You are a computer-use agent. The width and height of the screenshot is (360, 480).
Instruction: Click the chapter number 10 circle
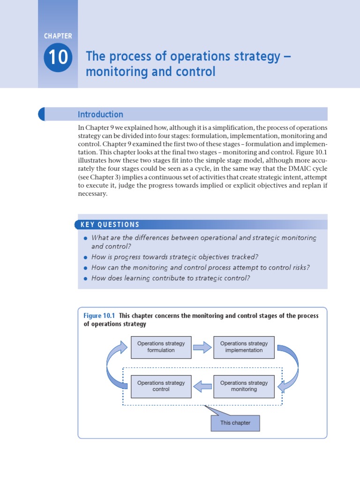pos(58,58)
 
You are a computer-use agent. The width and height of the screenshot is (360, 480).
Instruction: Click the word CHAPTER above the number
pos(58,36)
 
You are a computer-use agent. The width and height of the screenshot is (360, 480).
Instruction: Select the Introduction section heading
pos(100,114)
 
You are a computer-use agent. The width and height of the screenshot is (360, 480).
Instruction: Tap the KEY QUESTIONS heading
pos(110,225)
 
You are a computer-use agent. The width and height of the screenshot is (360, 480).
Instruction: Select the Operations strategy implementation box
pos(244,347)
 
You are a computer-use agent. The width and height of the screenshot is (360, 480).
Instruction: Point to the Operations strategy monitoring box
pos(244,386)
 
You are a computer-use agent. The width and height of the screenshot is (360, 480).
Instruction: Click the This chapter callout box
pos(235,423)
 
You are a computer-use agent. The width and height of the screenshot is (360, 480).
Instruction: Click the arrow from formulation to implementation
pos(202,347)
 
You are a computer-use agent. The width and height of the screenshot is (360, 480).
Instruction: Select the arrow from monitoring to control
pos(202,386)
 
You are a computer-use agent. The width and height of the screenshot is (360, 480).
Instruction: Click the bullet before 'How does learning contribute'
pos(85,278)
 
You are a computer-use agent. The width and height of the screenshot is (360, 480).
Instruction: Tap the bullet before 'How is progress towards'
pos(85,257)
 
